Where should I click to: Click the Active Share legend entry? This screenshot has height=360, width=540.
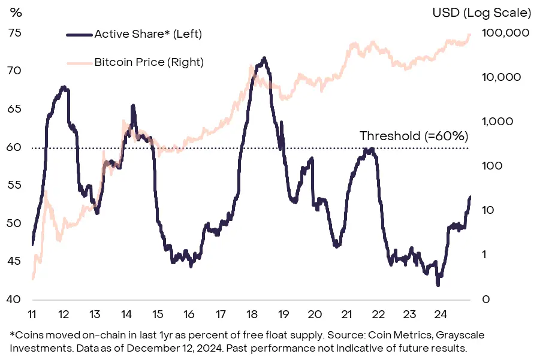(148, 34)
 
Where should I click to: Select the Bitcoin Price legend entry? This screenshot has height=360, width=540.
(149, 62)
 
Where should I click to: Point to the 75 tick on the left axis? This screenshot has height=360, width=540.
(14, 32)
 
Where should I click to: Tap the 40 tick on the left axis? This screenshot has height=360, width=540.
(14, 299)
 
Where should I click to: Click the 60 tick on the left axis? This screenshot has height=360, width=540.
(14, 147)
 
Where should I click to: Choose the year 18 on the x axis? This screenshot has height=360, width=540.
(252, 313)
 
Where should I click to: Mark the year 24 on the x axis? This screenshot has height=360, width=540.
(439, 313)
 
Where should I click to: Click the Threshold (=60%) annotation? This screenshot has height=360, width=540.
(414, 136)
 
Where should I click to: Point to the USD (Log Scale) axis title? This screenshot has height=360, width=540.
(481, 12)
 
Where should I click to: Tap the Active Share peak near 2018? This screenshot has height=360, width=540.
(264, 59)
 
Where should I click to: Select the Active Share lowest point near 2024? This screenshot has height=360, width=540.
(438, 285)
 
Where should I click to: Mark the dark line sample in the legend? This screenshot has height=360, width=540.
(79, 34)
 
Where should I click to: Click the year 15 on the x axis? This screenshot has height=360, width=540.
(158, 313)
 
